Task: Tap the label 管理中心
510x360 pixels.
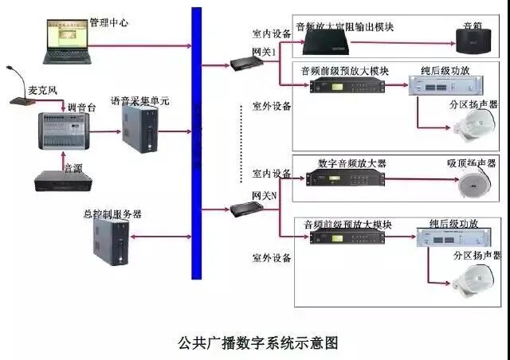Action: click(x=109, y=22)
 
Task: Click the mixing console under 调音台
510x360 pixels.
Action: click(x=62, y=131)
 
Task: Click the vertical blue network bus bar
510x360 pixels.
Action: click(x=196, y=143)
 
